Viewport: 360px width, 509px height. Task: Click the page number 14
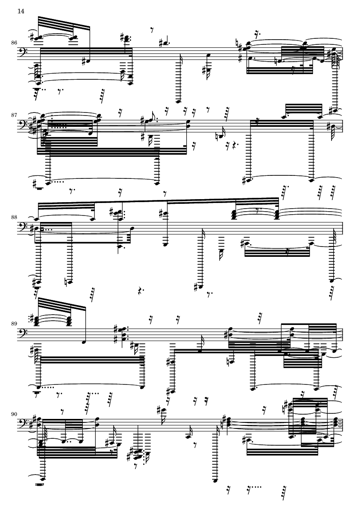pyautogui.click(x=21, y=11)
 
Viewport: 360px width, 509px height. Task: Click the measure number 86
pyautogui.click(x=13, y=43)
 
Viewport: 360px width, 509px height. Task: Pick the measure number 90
pyautogui.click(x=13, y=414)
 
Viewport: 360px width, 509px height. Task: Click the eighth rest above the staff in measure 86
pyautogui.click(x=152, y=30)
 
